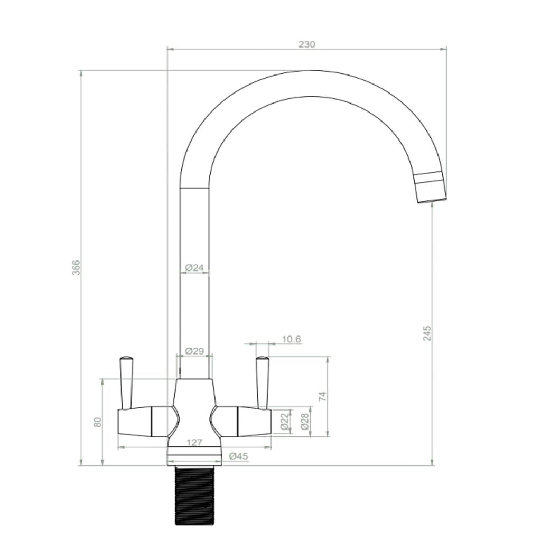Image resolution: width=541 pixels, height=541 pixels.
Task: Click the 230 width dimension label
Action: (306, 44)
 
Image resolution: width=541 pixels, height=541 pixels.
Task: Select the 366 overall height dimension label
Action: (76, 267)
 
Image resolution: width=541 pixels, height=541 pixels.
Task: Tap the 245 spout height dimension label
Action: (427, 333)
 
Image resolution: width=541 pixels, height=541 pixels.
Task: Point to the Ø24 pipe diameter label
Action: (194, 268)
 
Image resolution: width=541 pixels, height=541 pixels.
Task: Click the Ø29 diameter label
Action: (194, 351)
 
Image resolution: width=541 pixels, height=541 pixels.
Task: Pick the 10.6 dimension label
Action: (291, 339)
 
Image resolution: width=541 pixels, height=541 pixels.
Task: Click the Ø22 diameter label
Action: (285, 421)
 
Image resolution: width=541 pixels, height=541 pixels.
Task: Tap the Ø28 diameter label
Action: (305, 421)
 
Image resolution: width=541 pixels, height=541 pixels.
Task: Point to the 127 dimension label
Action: (194, 443)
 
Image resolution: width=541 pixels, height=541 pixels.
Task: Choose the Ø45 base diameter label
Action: (238, 456)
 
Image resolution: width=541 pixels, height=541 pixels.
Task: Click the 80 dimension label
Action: (97, 422)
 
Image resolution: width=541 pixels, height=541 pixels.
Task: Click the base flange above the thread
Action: (194, 456)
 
